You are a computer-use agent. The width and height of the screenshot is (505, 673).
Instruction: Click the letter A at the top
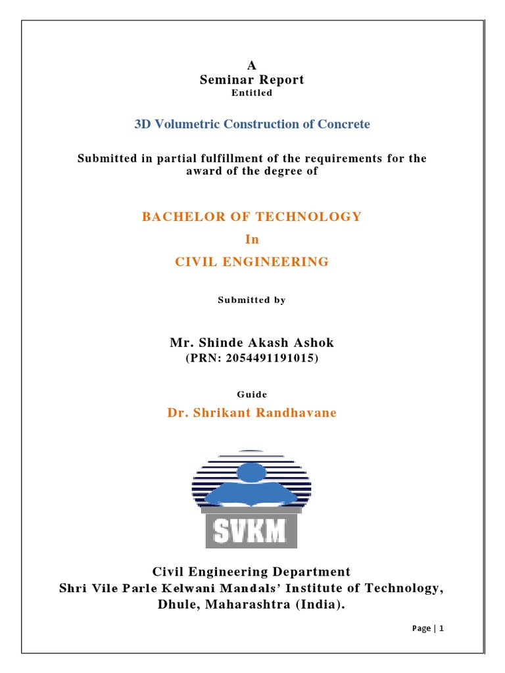[252, 65]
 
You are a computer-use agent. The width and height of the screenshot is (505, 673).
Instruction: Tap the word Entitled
[252, 93]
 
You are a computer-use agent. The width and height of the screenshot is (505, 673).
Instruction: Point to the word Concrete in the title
[343, 124]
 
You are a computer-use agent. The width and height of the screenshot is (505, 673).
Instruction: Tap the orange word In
[252, 239]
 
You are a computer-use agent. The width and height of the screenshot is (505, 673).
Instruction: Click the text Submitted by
[252, 300]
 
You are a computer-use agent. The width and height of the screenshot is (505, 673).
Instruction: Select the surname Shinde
[215, 342]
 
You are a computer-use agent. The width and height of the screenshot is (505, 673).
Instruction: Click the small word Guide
[252, 394]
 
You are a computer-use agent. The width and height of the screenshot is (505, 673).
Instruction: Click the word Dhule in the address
[179, 605]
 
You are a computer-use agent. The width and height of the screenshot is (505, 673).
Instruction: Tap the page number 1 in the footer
[442, 628]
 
